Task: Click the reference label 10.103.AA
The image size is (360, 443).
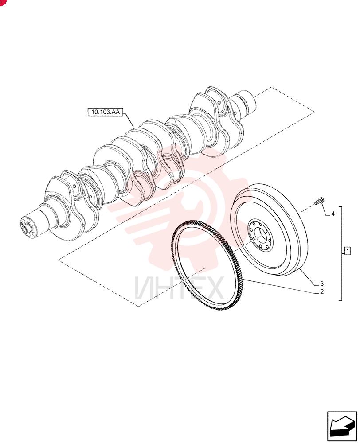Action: pos(105,112)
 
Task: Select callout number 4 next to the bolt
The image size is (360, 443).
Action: pos(333,214)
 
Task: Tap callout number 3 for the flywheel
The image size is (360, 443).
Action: pos(322,284)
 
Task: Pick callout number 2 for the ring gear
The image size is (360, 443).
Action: pos(322,291)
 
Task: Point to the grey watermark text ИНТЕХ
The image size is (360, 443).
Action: pos(180,288)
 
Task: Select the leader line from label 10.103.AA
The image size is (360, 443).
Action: pos(128,119)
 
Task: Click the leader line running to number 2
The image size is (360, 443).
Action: pos(280,286)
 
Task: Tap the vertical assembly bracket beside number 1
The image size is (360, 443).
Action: pos(342,253)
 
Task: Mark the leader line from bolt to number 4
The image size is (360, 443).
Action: pos(326,210)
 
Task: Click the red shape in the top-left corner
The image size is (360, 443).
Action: pos(2,2)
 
